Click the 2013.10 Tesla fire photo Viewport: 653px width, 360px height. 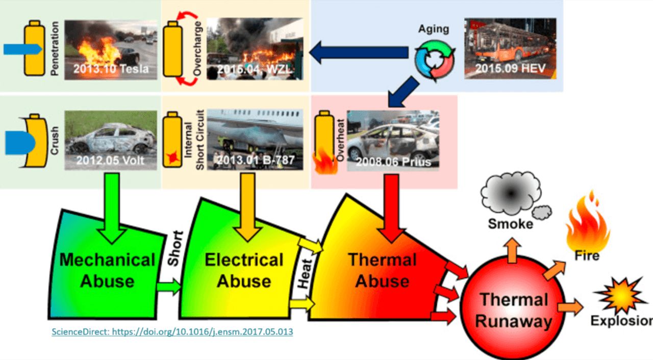(x=111, y=50)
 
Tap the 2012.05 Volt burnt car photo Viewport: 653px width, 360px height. (x=111, y=140)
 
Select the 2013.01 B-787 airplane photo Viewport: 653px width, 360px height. (x=255, y=140)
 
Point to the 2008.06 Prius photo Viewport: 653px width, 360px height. (x=393, y=140)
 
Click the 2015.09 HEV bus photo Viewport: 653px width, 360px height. (x=510, y=48)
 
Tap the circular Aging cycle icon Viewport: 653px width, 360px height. (x=434, y=61)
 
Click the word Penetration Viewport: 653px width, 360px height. (x=55, y=48)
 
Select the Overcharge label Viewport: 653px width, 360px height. (x=197, y=48)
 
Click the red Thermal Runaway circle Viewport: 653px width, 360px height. (x=513, y=308)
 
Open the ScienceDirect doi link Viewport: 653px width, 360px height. (x=172, y=332)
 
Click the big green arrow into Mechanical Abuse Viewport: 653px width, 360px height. (x=112, y=208)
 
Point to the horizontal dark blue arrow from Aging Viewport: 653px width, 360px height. (x=359, y=53)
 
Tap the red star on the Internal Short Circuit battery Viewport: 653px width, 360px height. (x=172, y=158)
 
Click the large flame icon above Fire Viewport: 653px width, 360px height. (x=587, y=223)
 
